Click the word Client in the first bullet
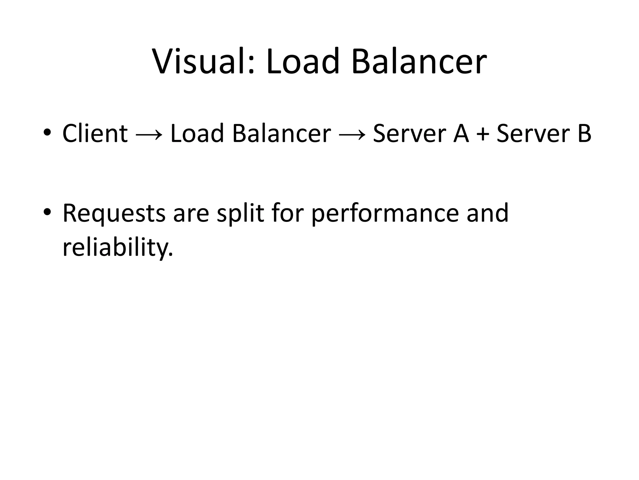point(95,133)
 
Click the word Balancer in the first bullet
point(281,133)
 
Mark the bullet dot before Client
point(47,132)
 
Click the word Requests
point(114,214)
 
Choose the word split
point(240,214)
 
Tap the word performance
point(385,214)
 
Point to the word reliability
point(117,247)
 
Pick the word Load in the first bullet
point(197,133)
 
